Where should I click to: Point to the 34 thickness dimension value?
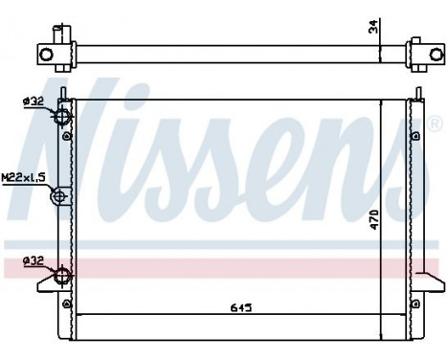tap(374, 29)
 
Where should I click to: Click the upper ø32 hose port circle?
tap(62, 117)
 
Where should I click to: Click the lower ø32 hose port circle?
tap(62, 276)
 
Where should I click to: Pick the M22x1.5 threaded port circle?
tap(59, 198)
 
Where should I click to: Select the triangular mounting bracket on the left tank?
tap(48, 283)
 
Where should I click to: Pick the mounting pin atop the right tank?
tap(417, 92)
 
